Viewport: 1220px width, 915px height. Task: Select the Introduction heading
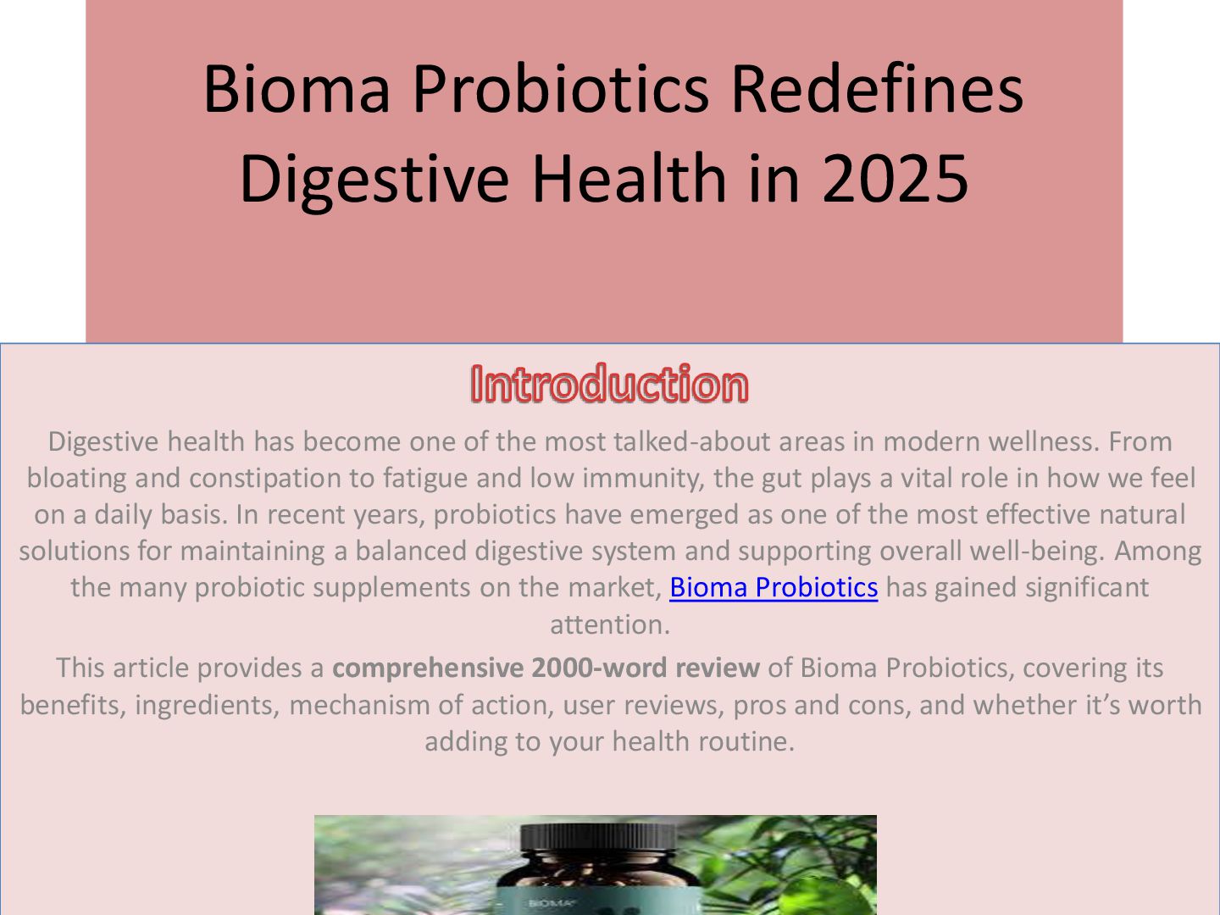pyautogui.click(x=609, y=384)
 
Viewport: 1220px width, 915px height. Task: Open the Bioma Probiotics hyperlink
pyautogui.click(x=773, y=587)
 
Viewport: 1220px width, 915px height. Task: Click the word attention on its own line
pyautogui.click(x=609, y=624)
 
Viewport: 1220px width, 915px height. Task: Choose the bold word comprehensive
pyautogui.click(x=427, y=668)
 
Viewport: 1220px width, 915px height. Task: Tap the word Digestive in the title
pyautogui.click(x=374, y=179)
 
